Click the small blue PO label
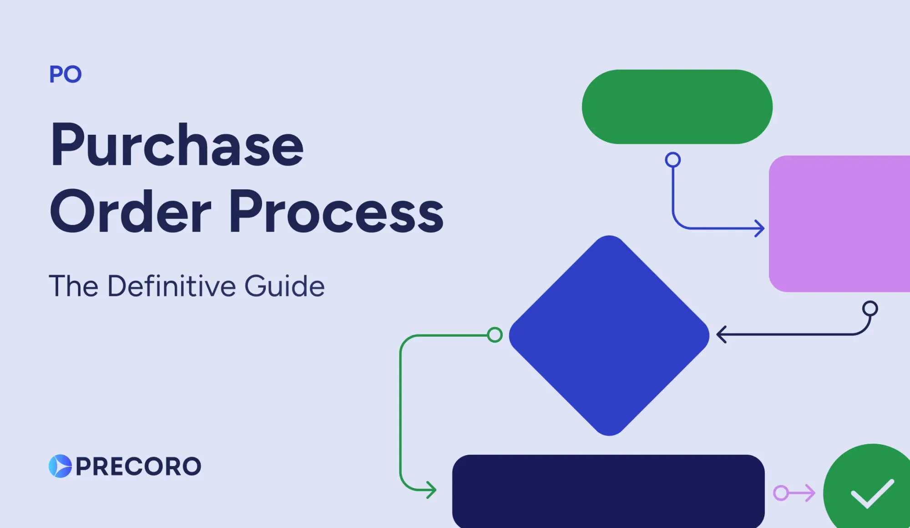click(66, 74)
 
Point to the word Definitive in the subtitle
click(172, 286)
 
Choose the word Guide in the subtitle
click(285, 286)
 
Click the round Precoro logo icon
click(60, 466)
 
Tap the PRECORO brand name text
click(138, 467)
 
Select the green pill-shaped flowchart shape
click(677, 107)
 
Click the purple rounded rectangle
click(839, 224)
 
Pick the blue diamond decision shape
click(609, 335)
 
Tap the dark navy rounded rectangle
click(608, 491)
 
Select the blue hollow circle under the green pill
click(672, 160)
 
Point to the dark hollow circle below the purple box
click(870, 309)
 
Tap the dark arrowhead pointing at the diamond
click(721, 335)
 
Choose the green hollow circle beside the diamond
click(495, 335)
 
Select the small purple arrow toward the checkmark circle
click(794, 493)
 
